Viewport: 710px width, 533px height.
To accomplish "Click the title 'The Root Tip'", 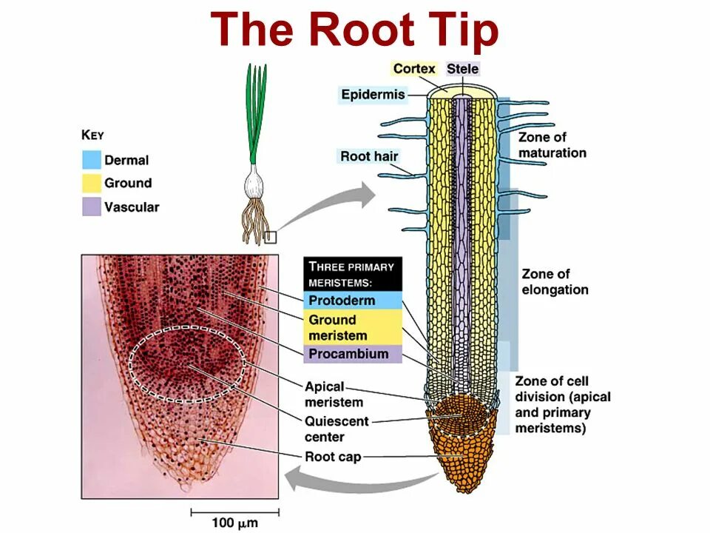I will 355,31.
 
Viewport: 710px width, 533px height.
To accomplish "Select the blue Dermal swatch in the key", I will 91,159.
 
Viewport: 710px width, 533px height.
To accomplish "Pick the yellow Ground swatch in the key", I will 91,183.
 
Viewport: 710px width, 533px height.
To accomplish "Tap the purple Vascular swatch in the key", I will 91,207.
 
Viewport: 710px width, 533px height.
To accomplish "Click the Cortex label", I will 414,69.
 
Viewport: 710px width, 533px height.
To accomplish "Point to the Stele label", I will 463,69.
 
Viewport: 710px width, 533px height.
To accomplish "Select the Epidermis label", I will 373,94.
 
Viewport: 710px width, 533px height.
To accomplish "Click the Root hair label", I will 369,156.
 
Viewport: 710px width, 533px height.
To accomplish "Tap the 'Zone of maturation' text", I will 552,145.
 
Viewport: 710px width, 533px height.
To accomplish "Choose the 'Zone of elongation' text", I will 555,282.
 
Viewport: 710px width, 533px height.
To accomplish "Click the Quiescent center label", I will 336,429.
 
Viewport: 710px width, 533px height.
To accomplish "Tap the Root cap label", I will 333,457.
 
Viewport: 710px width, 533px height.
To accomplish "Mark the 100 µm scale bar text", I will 234,523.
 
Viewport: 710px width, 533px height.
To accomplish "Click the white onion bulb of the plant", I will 255,179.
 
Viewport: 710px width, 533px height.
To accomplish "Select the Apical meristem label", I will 334,395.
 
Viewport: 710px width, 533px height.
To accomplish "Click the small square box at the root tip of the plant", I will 270,237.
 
